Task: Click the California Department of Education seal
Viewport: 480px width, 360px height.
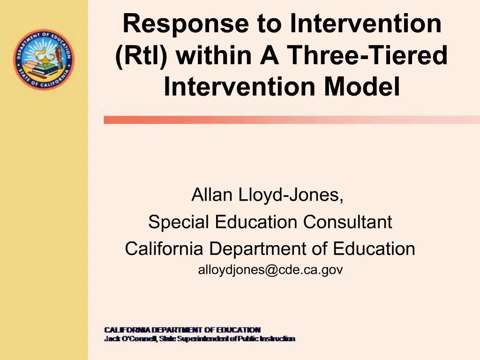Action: (44, 60)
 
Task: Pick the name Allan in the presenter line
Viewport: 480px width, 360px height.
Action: (212, 195)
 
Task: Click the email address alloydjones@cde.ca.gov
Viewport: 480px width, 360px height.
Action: (270, 270)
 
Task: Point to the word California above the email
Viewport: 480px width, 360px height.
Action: (164, 248)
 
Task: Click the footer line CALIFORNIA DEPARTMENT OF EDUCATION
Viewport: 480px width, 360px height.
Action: (182, 330)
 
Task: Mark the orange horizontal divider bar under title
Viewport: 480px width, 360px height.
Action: (291, 120)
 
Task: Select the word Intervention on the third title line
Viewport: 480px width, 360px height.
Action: (240, 86)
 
